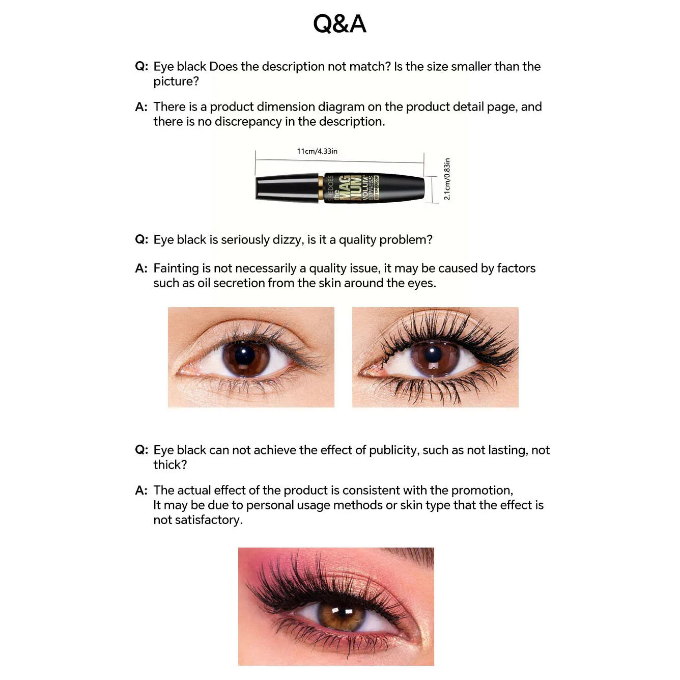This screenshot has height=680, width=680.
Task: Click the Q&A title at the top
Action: click(339, 24)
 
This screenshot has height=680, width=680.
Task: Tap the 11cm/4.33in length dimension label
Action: click(317, 151)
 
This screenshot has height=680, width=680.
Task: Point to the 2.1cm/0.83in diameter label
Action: click(447, 179)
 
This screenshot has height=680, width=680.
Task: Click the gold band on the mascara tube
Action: click(321, 188)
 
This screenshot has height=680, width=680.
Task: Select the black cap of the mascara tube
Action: click(287, 188)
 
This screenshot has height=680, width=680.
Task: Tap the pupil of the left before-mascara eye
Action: click(245, 355)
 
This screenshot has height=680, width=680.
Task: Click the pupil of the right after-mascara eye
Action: click(434, 355)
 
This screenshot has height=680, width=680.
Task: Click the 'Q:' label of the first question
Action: click(141, 67)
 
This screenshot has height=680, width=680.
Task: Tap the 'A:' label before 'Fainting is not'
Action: click(141, 268)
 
